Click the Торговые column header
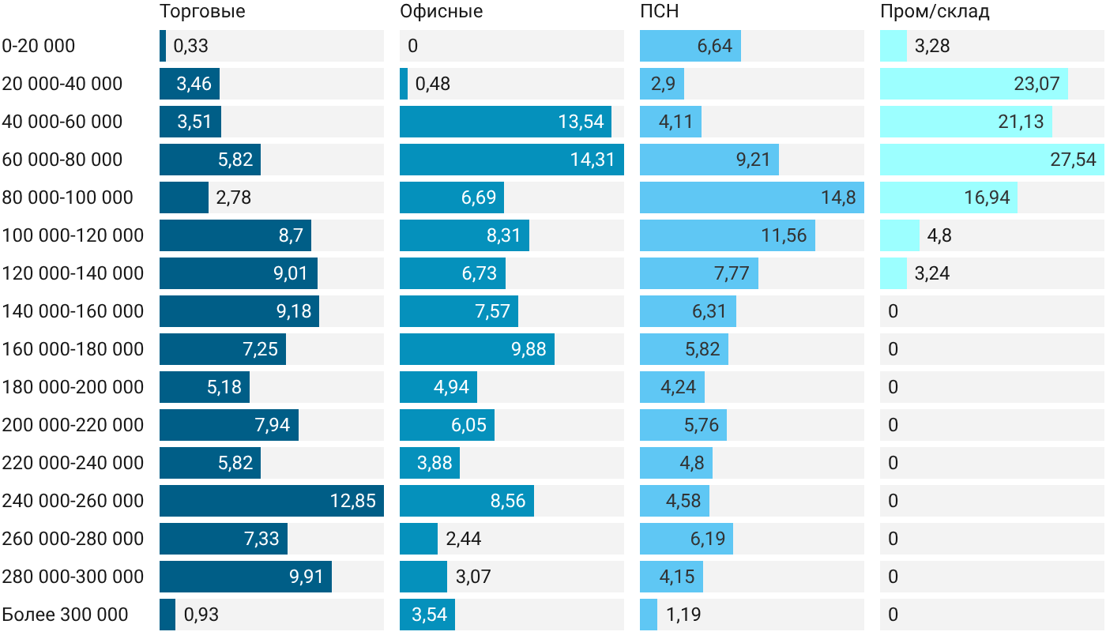[x=202, y=11]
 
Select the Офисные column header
[x=442, y=11]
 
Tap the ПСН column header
[x=659, y=11]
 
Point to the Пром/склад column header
[x=935, y=11]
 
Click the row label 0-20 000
[x=39, y=46]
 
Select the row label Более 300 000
[x=65, y=615]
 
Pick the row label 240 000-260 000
[x=73, y=501]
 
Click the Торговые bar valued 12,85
[x=272, y=501]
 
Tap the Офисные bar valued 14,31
[x=512, y=160]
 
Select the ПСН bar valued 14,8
[x=752, y=197]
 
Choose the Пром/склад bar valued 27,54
[x=992, y=160]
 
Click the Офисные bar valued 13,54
[x=506, y=122]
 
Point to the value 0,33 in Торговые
[x=190, y=46]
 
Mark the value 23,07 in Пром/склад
[x=1036, y=84]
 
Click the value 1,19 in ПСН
[x=683, y=615]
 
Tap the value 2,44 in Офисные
[x=463, y=539]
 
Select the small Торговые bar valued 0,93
[x=167, y=615]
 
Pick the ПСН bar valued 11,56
[x=728, y=235]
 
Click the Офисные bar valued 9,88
[x=477, y=349]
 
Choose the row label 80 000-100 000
[x=68, y=197]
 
